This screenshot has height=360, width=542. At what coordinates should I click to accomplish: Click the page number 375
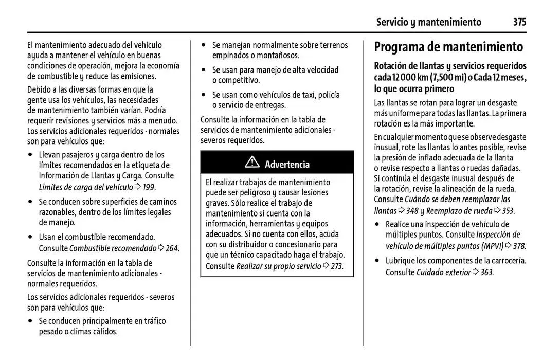tap(519, 22)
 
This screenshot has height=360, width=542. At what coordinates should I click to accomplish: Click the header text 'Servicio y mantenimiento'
tap(428, 22)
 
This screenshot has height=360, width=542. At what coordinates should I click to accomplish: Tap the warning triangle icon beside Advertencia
tap(252, 163)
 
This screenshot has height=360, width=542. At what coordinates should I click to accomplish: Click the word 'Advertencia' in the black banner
tap(287, 165)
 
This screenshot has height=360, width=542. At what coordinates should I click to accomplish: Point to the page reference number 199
tap(149, 187)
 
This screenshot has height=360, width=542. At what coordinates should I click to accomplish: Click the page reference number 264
tap(172, 249)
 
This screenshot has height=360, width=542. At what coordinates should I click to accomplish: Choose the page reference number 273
tap(336, 266)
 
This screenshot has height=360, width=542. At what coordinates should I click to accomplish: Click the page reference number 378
tap(519, 246)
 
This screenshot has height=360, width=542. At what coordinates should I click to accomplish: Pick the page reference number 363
tap(486, 273)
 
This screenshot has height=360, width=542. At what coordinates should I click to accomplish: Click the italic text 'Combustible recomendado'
tap(113, 249)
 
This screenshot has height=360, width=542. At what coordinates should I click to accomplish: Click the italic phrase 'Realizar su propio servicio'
tap(278, 266)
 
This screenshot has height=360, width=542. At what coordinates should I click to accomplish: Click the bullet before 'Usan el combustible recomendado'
tap(31, 238)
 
